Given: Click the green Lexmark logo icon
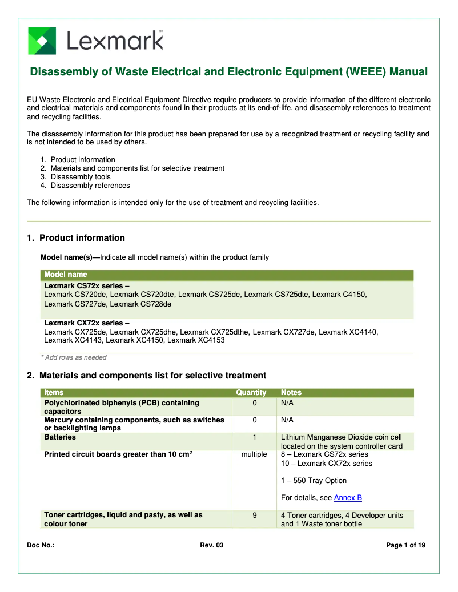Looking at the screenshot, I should coord(42,41).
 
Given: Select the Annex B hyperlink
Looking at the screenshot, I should coord(348,498).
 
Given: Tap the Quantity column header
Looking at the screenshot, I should coord(251,393).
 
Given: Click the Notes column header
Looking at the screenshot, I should coord(291,393).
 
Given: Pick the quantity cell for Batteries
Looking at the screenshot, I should coord(255,437).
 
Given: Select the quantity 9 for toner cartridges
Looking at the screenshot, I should coord(255,515).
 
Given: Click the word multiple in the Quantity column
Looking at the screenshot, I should coord(254,454).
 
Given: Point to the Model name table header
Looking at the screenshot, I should coord(66,275).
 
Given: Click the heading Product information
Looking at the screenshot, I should coord(82,238).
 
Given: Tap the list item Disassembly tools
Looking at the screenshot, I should coord(81,177).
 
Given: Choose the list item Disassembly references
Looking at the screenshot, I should coord(90,186).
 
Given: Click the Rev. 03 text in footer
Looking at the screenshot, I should coord(212,546).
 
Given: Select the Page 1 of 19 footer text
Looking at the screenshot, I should coord(405,546).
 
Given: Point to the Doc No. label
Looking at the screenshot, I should coord(41,546).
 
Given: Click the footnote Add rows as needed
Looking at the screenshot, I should coord(76,357).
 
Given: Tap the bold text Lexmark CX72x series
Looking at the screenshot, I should coord(87,323).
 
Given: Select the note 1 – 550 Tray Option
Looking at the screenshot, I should coord(314,481).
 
